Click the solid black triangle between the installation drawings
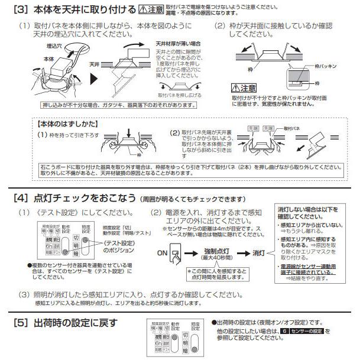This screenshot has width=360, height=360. click(x=93, y=77)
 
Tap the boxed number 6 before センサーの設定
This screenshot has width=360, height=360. click(x=286, y=332)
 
